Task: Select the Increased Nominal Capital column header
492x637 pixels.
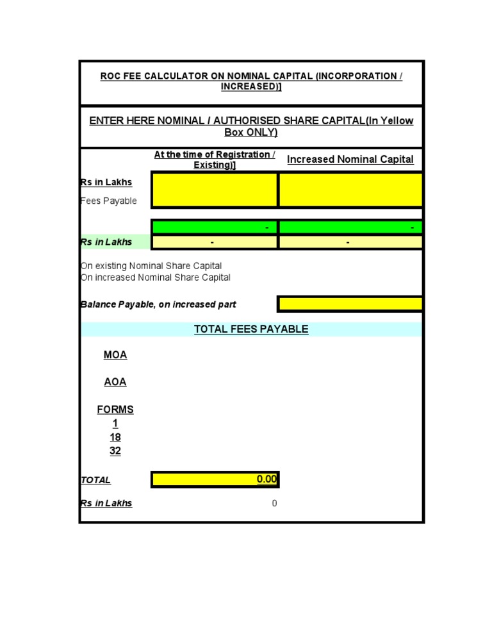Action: pos(350,160)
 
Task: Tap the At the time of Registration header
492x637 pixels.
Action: pos(215,160)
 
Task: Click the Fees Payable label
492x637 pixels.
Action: pos(109,201)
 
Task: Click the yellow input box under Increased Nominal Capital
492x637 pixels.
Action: pos(350,190)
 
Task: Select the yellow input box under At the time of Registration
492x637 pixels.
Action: pos(215,190)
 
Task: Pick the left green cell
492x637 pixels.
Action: pos(215,227)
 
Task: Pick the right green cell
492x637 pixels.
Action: pos(350,227)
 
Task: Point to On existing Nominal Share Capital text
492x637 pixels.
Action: pos(151,266)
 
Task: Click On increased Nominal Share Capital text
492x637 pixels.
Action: pos(156,277)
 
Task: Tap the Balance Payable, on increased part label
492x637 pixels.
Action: pos(158,304)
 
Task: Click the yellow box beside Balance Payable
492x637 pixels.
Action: pos(350,304)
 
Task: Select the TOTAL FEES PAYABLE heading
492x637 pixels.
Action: pos(251,329)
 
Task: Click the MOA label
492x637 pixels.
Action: pos(115,355)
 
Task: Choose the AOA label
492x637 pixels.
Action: pos(115,382)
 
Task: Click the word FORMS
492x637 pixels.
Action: pos(115,409)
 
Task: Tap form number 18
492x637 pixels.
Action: pos(115,437)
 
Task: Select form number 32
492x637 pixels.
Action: pos(115,451)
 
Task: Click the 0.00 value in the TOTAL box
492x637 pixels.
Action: pos(266,479)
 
